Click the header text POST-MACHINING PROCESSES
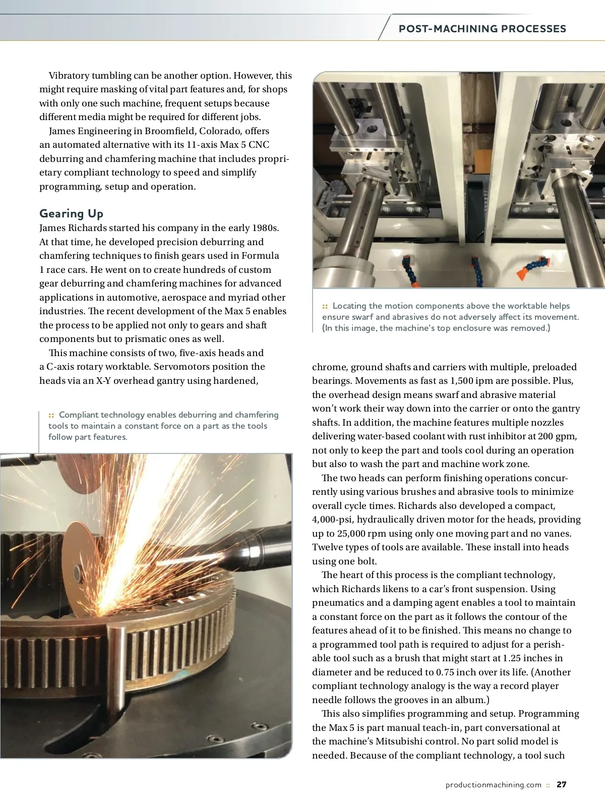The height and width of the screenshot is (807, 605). pos(482,29)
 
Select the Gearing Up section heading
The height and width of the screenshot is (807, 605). pos(71,213)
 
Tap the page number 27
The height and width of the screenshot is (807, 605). pos(562,785)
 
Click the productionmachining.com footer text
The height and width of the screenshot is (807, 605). pos(493,785)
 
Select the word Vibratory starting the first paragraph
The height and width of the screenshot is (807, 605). pos(69,76)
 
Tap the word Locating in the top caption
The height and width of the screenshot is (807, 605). pos(349,306)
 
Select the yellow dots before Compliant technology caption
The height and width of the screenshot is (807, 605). pos(51,415)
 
